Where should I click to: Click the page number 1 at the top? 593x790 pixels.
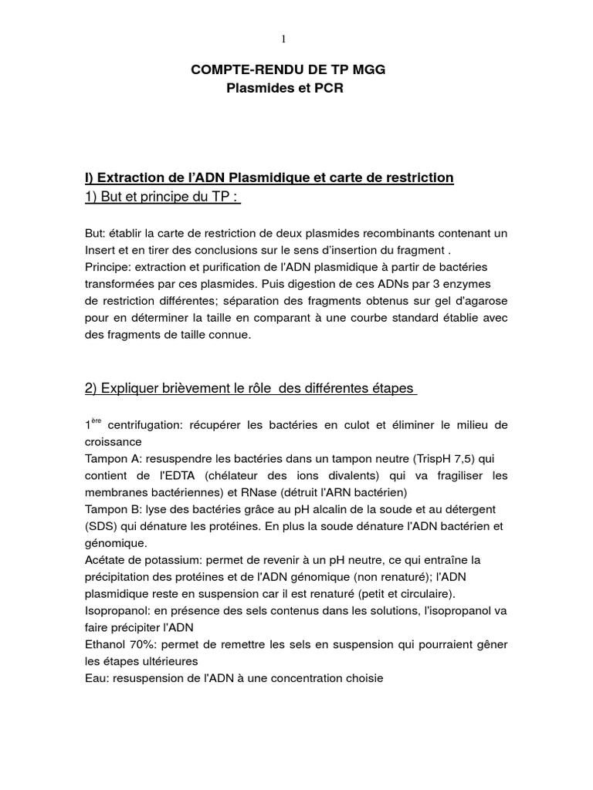point(284,39)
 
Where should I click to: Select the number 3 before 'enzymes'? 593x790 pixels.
point(456,283)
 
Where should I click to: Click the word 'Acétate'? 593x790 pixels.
point(106,560)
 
